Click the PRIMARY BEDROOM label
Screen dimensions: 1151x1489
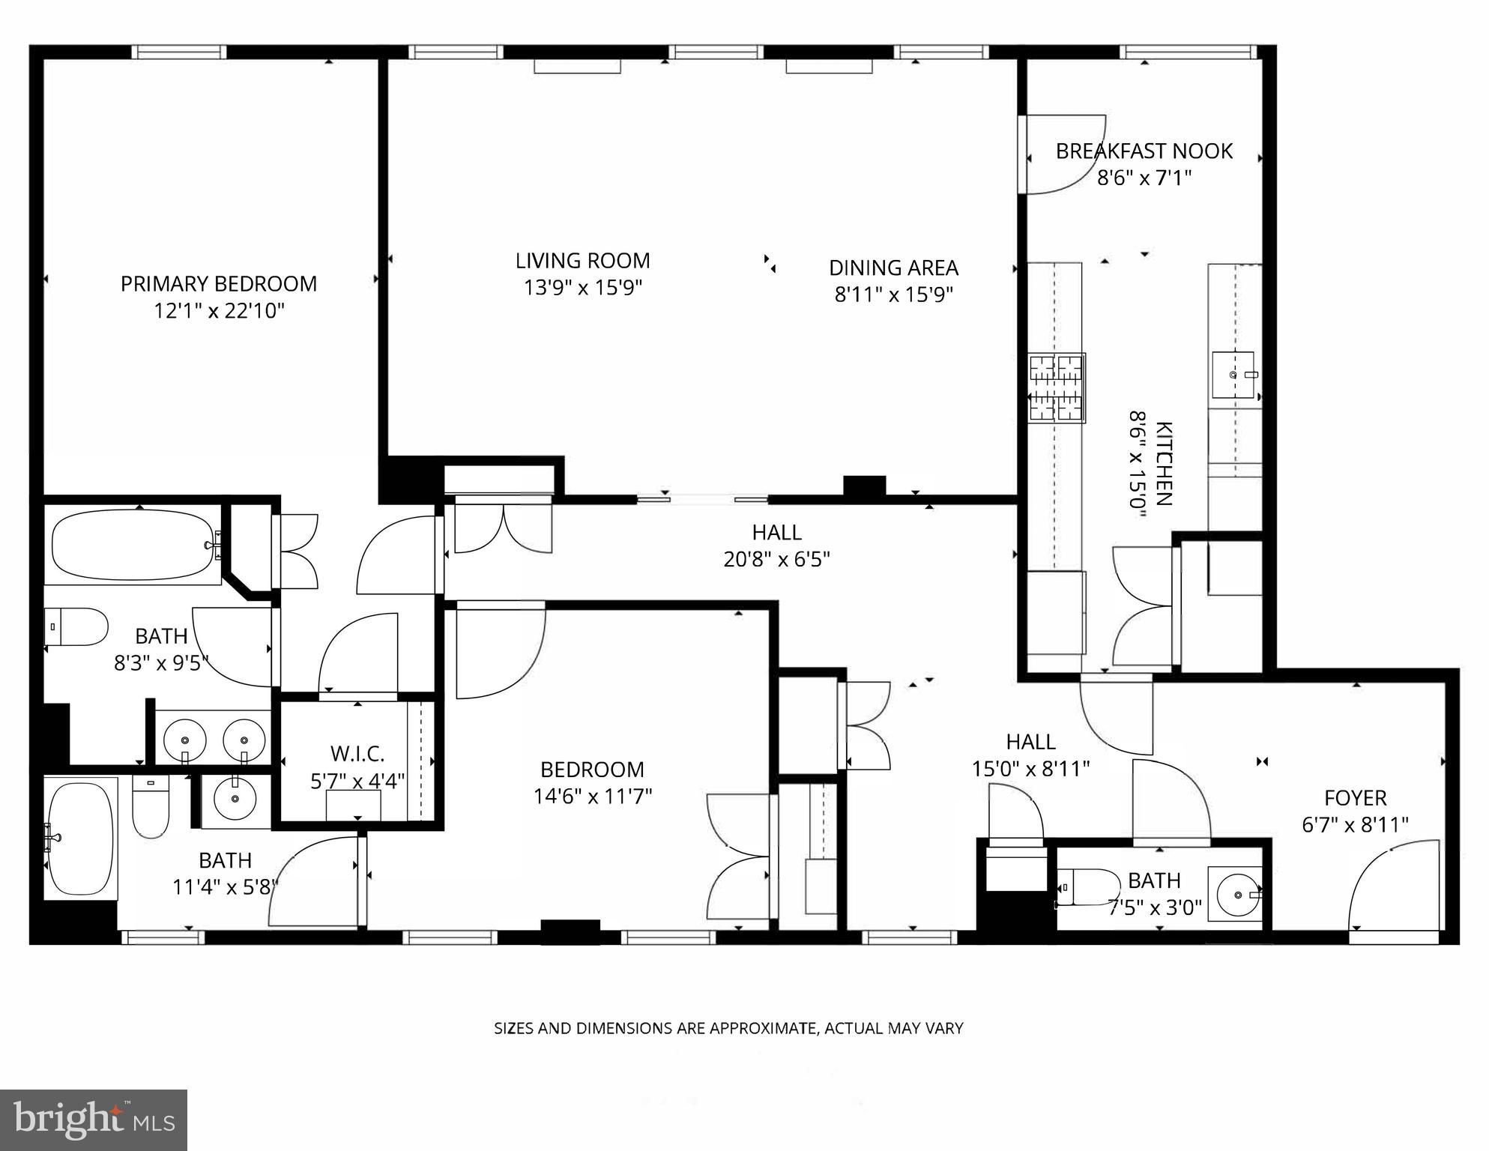219,284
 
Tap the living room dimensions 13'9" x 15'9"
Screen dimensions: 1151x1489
583,288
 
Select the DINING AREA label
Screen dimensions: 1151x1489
893,268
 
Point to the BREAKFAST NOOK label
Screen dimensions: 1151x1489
1144,151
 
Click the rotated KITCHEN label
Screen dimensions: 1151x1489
1164,464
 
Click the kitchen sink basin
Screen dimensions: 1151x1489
1233,375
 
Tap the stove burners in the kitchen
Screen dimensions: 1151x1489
1057,389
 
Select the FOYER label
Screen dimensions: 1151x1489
1355,798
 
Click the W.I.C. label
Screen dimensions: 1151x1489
357,753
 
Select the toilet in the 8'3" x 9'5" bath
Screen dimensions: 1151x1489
76,626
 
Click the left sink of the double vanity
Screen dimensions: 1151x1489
184,738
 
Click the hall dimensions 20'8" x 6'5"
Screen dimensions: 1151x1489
776,560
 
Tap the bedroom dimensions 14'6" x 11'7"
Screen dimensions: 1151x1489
592,796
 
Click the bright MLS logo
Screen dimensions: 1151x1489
94,1120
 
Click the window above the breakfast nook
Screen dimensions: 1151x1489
1188,52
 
